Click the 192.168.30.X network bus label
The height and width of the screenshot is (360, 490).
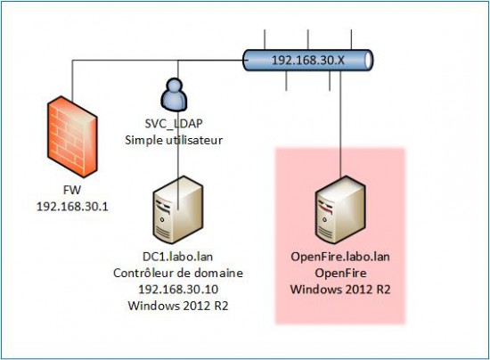tap(307, 61)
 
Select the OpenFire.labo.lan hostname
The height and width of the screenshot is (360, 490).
tap(341, 258)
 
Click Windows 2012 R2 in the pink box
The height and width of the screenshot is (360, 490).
tap(341, 289)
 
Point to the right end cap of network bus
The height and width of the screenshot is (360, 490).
tap(367, 61)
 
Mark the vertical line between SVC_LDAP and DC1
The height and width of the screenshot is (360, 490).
tap(179, 160)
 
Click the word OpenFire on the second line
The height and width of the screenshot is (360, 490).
tap(341, 273)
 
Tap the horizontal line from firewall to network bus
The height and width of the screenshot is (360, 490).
tap(151, 61)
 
